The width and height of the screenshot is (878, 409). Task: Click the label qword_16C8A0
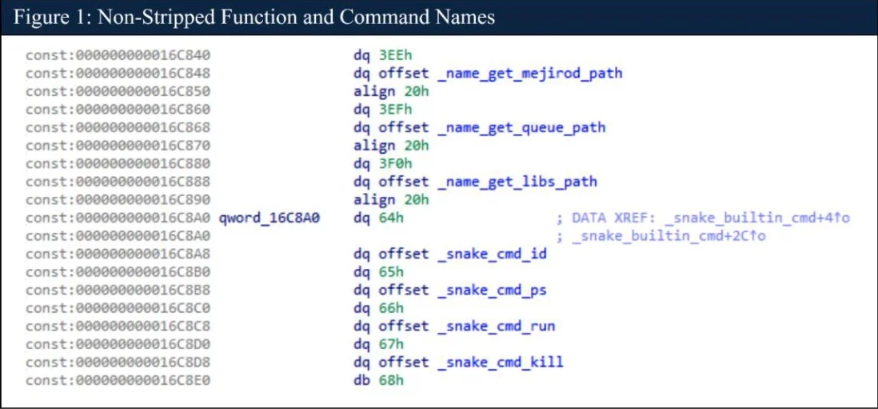[269, 219]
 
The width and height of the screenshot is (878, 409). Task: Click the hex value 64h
[383, 219]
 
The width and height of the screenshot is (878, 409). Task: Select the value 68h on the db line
[383, 381]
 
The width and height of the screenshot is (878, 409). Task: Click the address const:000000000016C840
[118, 55]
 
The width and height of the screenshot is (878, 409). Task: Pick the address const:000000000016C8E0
[118, 381]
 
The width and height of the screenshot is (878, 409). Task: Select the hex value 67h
[383, 344]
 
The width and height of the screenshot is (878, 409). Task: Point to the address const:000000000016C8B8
[118, 291]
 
